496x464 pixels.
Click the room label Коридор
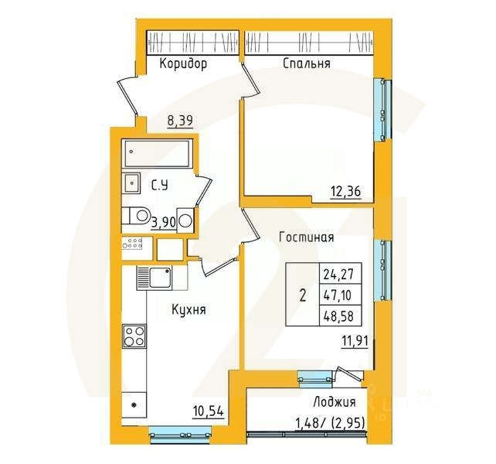click(183, 64)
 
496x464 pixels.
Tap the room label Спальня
click(307, 64)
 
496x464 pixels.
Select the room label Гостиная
click(307, 238)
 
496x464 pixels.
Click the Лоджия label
click(335, 402)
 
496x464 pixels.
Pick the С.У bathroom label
click(160, 185)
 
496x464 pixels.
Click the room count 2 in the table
click(302, 295)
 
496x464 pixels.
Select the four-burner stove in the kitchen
click(134, 337)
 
